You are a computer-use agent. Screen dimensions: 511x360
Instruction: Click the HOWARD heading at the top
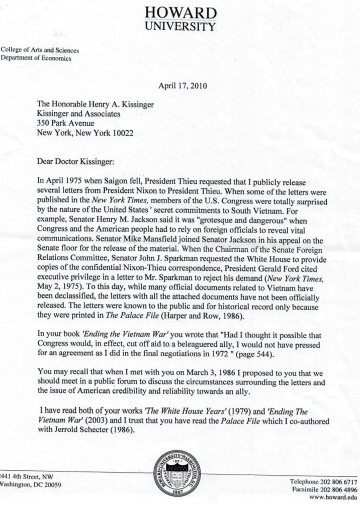pos(181,13)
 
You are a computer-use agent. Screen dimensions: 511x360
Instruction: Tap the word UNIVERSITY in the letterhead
pos(181,26)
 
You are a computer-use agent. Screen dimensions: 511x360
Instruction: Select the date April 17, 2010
pos(182,85)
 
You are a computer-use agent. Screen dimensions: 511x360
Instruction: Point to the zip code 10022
pos(122,133)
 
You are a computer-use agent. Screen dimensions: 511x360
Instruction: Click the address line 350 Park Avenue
pos(65,124)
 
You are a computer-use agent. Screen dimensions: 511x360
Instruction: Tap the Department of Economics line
pos(36,58)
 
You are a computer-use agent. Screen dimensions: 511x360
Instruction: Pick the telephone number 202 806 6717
pos(338,481)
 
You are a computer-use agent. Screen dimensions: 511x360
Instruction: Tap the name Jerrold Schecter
pos(84,430)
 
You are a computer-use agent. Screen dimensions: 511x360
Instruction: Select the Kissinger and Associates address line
pos(78,114)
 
